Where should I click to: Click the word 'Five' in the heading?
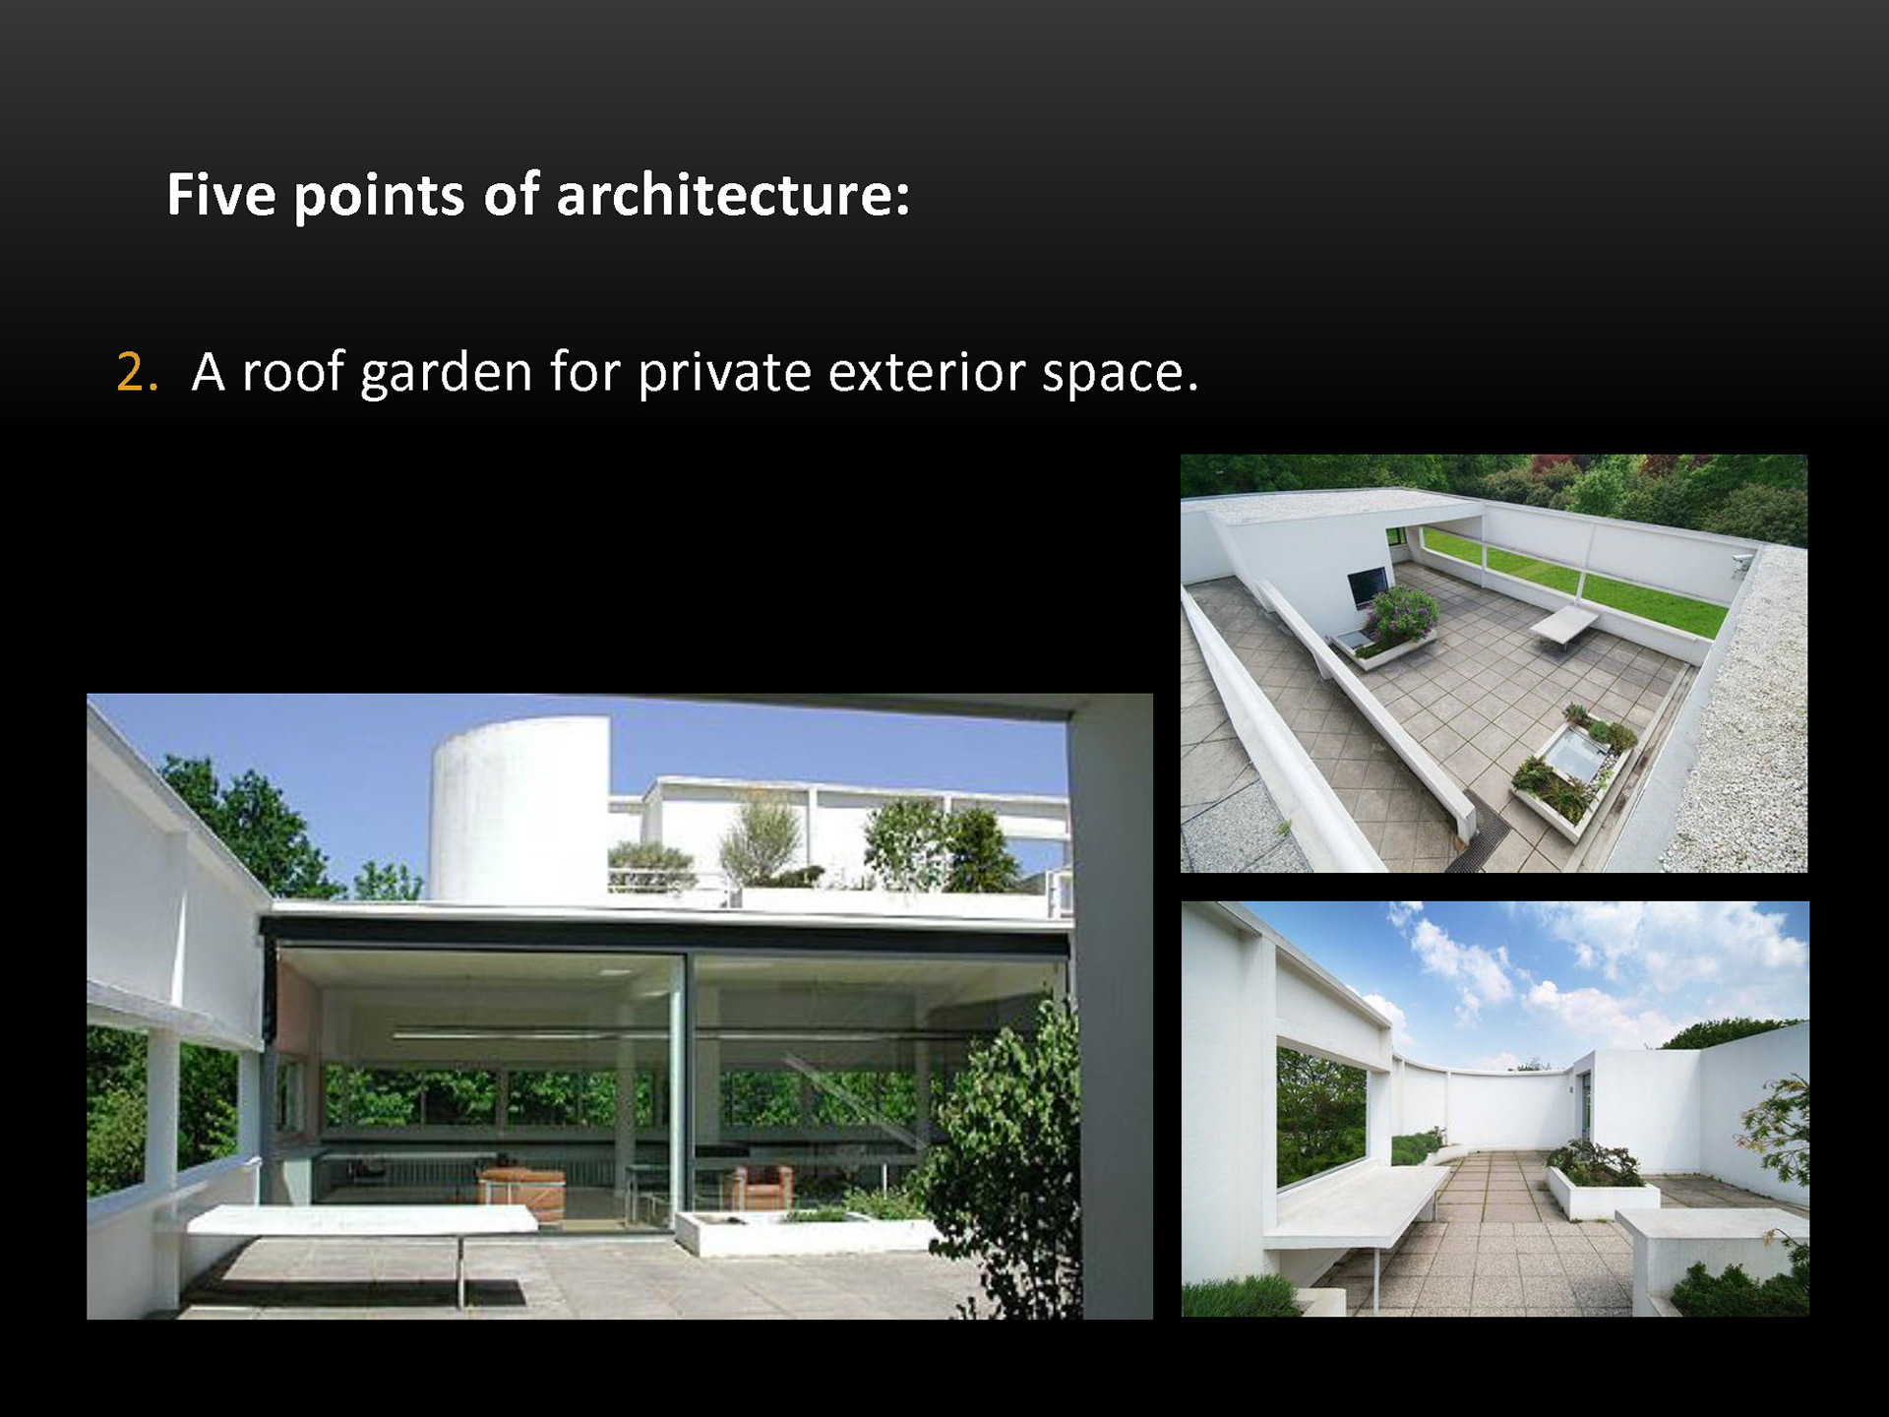click(x=220, y=194)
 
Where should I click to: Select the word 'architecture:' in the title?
click(x=733, y=194)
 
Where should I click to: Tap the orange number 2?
click(x=137, y=372)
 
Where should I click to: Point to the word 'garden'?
click(x=447, y=374)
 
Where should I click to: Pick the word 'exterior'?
click(x=927, y=372)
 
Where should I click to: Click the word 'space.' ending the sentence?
click(x=1121, y=376)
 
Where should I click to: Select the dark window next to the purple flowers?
click(x=1368, y=586)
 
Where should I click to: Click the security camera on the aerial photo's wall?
click(x=1741, y=562)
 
